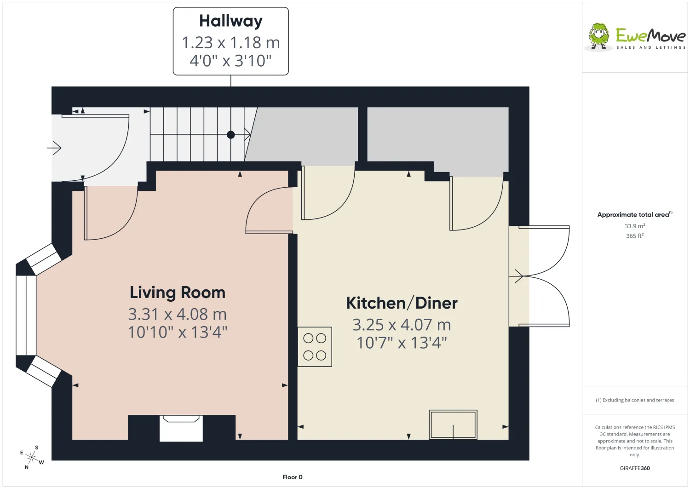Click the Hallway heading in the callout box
(x=231, y=21)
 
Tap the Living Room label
(x=178, y=293)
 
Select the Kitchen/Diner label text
(x=402, y=303)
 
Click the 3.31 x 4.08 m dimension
(x=178, y=314)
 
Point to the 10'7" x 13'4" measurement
(x=402, y=343)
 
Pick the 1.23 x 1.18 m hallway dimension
(x=231, y=42)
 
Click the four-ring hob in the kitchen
(x=315, y=347)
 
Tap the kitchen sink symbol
(x=453, y=424)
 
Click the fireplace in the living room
(x=181, y=428)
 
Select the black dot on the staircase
(x=231, y=135)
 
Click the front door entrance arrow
(x=54, y=148)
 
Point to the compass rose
(x=32, y=458)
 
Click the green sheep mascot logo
(x=599, y=36)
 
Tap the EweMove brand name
(x=650, y=36)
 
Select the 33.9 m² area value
(x=634, y=226)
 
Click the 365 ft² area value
(x=634, y=235)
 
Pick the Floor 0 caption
(x=292, y=477)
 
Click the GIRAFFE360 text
(x=634, y=468)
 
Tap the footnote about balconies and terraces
(x=634, y=400)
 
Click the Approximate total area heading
(x=634, y=215)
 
